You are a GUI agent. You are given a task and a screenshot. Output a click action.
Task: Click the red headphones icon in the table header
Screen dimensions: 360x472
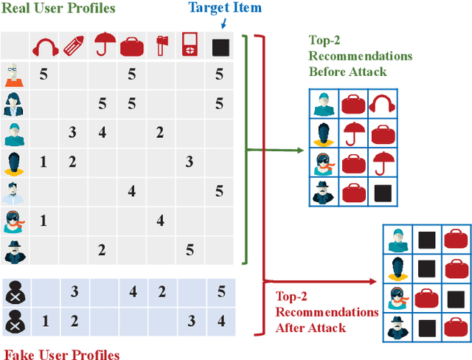(x=44, y=46)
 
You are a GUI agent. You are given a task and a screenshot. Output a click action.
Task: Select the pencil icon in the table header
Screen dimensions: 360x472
(x=72, y=46)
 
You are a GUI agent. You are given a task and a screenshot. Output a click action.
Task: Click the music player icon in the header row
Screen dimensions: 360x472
(x=190, y=46)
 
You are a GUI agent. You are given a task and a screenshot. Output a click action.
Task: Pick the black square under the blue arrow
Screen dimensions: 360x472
(x=219, y=46)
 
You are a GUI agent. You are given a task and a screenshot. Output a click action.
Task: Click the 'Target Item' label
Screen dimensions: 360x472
(x=225, y=8)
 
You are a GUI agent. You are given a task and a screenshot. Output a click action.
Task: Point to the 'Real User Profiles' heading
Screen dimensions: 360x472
(x=58, y=9)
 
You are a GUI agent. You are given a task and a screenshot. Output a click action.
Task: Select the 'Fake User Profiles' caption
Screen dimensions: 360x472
(x=62, y=354)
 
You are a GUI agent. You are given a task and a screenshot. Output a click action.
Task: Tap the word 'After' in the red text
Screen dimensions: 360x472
(x=291, y=328)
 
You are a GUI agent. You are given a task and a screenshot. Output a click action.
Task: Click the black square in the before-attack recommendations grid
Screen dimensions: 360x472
(x=381, y=193)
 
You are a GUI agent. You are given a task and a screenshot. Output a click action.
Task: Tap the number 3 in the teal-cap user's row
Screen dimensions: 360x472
(x=72, y=133)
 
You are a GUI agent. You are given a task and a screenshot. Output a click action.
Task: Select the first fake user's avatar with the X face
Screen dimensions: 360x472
(x=15, y=294)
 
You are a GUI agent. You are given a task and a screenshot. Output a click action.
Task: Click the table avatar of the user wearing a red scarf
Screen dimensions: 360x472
(x=15, y=220)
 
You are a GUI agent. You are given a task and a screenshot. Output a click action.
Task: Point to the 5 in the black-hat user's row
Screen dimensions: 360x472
(x=190, y=250)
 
